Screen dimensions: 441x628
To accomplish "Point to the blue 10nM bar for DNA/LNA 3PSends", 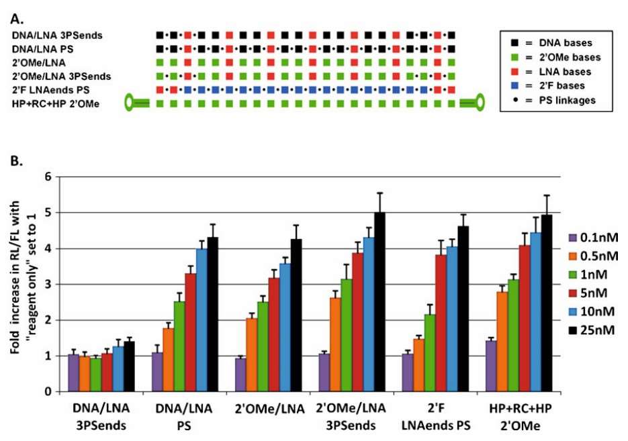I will pos(118,369).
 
